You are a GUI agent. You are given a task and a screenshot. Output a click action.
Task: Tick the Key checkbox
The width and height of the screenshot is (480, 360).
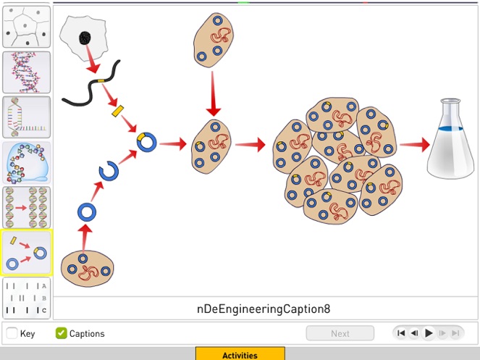pyautogui.click(x=12, y=333)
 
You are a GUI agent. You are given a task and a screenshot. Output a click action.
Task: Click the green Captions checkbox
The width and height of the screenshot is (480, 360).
pyautogui.click(x=62, y=333)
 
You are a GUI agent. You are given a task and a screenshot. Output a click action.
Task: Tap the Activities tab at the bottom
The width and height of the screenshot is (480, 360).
pyautogui.click(x=240, y=354)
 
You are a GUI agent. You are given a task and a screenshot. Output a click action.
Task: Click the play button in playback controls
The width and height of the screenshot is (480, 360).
pyautogui.click(x=429, y=333)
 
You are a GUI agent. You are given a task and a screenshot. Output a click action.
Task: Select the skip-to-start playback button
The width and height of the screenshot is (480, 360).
pyautogui.click(x=401, y=333)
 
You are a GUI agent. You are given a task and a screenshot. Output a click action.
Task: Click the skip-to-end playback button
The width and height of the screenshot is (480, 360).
pyautogui.click(x=455, y=333)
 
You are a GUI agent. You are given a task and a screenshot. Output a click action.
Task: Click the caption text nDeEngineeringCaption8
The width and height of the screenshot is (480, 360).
pyautogui.click(x=264, y=309)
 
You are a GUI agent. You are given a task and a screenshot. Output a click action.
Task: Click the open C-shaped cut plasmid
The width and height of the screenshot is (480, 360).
pyautogui.click(x=109, y=172)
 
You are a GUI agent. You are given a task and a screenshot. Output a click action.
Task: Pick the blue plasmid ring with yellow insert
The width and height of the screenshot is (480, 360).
pyautogui.click(x=147, y=141)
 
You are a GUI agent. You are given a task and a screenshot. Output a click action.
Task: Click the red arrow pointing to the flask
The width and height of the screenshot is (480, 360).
pyautogui.click(x=414, y=145)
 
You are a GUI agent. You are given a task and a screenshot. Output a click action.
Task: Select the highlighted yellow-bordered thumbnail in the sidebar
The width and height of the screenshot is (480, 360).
pyautogui.click(x=27, y=253)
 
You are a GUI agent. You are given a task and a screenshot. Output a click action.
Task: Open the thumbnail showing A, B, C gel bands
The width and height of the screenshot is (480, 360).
pyautogui.click(x=27, y=298)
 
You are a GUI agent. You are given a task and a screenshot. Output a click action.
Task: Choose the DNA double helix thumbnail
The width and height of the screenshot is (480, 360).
pyautogui.click(x=27, y=72)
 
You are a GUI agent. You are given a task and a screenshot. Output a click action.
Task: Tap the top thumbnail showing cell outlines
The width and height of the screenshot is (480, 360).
pyautogui.click(x=27, y=28)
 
